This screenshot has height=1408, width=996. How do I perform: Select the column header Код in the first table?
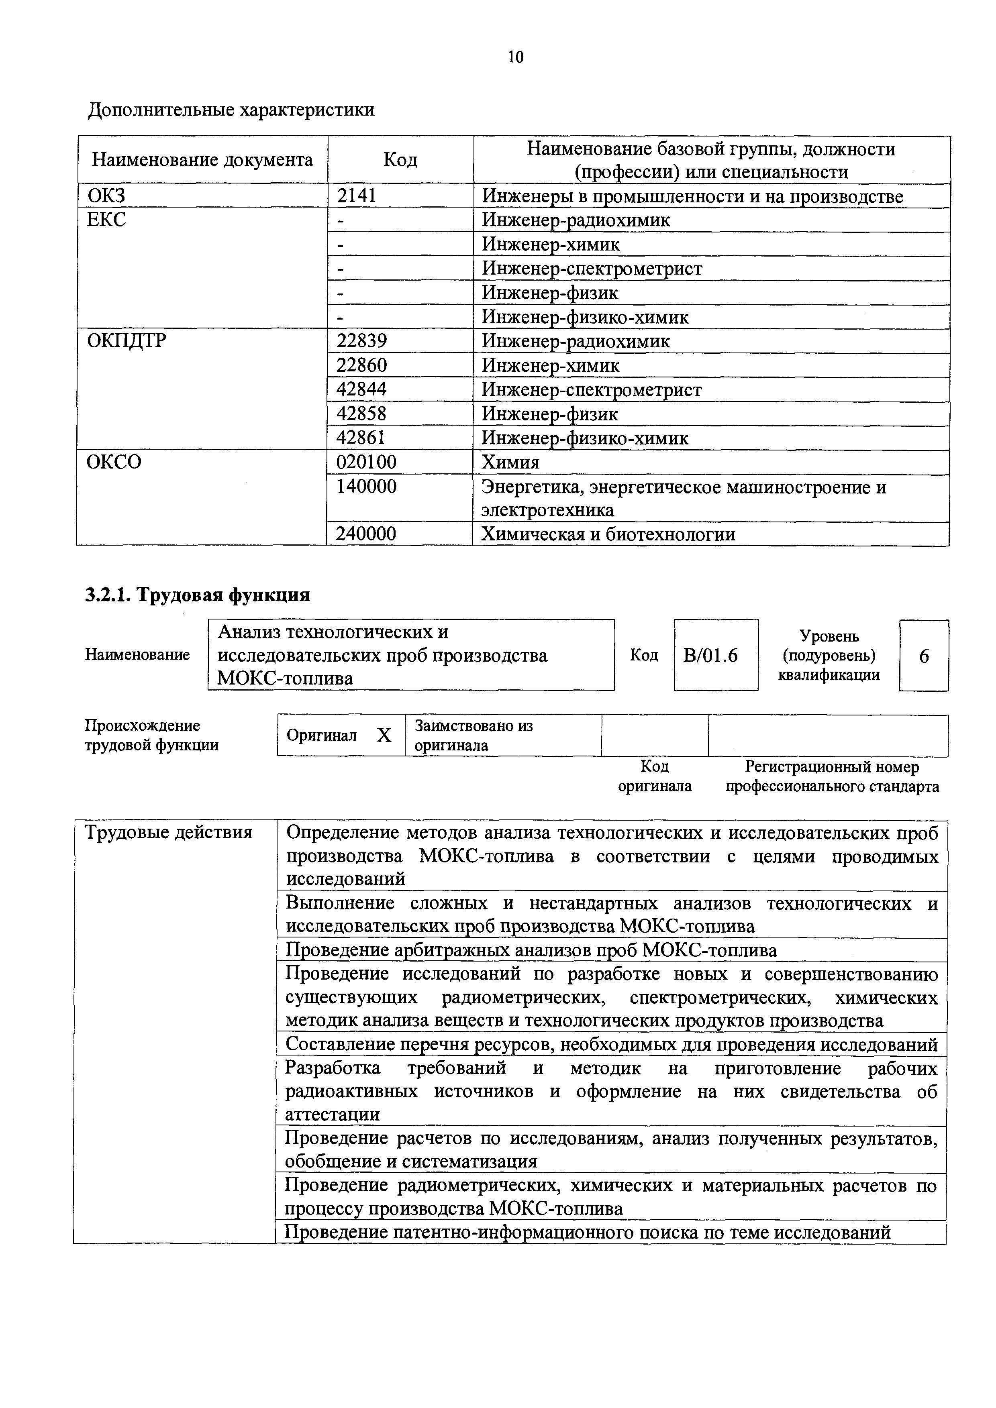click(400, 160)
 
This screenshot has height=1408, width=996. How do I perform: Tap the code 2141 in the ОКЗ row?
click(356, 196)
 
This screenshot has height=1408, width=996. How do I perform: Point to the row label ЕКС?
click(107, 220)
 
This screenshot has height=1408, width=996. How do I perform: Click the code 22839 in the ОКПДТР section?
click(361, 341)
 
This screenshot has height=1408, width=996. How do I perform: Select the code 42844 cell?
click(361, 389)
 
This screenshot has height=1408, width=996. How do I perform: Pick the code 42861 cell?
click(361, 438)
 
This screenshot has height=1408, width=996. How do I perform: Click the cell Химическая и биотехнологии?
click(608, 534)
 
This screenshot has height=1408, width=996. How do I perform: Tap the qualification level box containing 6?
click(924, 656)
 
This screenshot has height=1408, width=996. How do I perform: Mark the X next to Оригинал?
click(384, 735)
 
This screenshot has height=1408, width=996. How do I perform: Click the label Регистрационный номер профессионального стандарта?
click(832, 776)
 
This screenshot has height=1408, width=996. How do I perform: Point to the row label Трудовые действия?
click(169, 832)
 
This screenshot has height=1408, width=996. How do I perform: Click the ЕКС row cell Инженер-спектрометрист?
click(592, 269)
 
